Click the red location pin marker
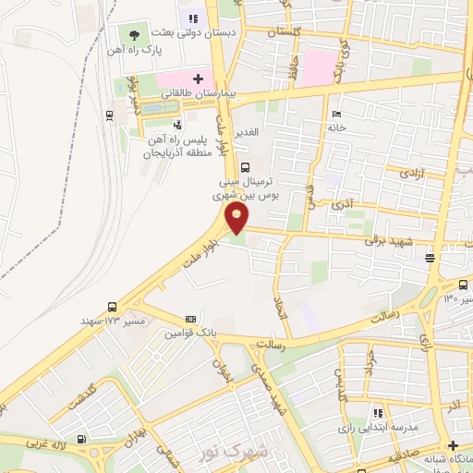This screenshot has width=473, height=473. [x=238, y=218]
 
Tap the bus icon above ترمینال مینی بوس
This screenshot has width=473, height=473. [x=245, y=167]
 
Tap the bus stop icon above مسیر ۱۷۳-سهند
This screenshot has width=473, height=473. [x=112, y=307]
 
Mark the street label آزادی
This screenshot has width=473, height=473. [x=407, y=173]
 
